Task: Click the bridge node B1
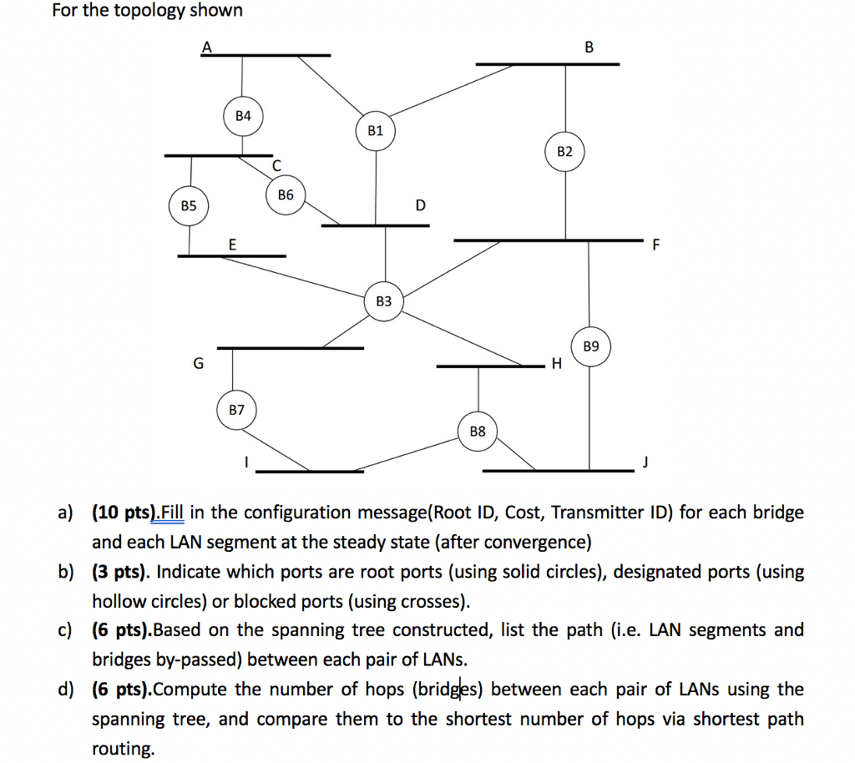(x=376, y=130)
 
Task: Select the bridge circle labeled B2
(x=565, y=151)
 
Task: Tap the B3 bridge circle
(x=383, y=301)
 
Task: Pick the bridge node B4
(x=243, y=116)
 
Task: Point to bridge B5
(x=189, y=205)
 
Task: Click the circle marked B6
(x=286, y=195)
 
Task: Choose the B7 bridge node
(x=237, y=410)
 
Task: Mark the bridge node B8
(x=478, y=432)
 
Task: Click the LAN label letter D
(x=420, y=205)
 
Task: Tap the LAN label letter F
(x=655, y=245)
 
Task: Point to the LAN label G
(x=198, y=363)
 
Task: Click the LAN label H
(x=556, y=364)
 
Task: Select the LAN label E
(x=232, y=244)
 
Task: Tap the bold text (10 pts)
(x=125, y=512)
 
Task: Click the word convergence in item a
(x=539, y=543)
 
